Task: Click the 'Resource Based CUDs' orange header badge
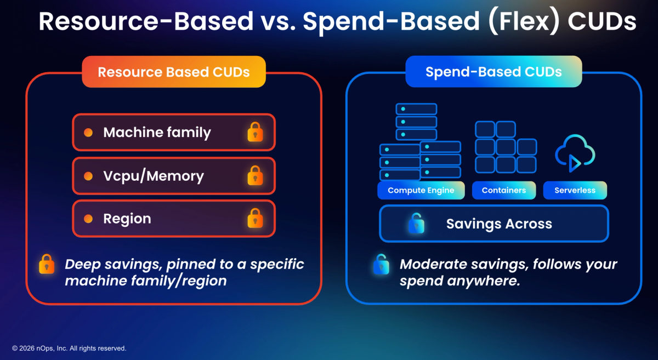pos(174,72)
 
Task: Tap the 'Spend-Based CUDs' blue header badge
pos(493,72)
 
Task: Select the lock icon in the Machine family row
pos(255,132)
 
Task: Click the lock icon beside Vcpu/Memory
pos(255,175)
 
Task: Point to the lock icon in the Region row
pos(255,218)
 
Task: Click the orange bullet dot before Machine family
pos(88,133)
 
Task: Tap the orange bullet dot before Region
pos(88,219)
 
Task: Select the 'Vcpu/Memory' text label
pos(154,176)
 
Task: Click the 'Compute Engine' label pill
pos(421,190)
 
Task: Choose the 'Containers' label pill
pos(504,190)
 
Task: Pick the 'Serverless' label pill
pos(575,190)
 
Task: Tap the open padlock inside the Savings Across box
pos(416,224)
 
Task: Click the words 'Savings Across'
pos(499,224)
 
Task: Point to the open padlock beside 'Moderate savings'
pos(381,264)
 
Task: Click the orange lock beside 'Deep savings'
pos(47,264)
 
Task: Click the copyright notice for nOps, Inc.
pos(69,348)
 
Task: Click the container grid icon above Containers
pos(506,147)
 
